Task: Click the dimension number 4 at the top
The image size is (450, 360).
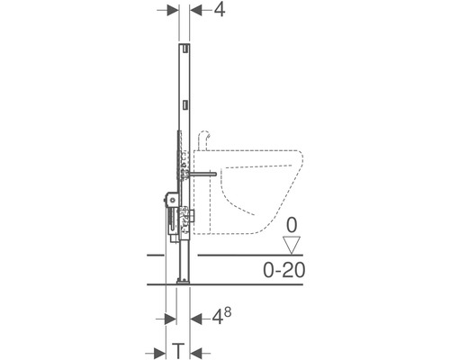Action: (x=220, y=10)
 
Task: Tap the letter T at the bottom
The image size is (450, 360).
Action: (x=178, y=351)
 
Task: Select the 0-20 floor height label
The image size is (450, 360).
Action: (x=283, y=270)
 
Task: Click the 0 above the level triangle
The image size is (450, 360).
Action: (x=292, y=225)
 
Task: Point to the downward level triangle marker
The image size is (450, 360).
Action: (x=292, y=245)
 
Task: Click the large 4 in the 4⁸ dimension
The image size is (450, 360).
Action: (x=218, y=318)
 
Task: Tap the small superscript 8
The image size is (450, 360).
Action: (x=228, y=312)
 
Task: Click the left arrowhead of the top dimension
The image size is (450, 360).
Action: (x=173, y=11)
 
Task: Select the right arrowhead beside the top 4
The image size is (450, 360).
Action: (x=195, y=11)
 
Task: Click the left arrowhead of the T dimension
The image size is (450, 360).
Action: (x=160, y=352)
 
